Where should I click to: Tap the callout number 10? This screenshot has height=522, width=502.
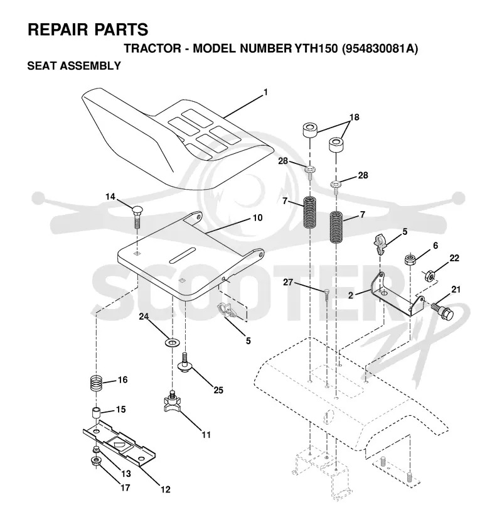tap(258, 218)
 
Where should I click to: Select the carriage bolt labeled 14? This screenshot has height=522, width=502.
tap(136, 216)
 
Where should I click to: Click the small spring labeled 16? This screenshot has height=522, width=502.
tap(97, 384)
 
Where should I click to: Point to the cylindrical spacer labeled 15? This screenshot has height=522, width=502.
tap(97, 414)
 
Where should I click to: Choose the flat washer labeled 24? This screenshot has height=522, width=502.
tap(172, 342)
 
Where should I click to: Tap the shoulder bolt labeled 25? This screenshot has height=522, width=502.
tap(185, 363)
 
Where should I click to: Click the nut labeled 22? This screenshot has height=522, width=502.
tap(429, 275)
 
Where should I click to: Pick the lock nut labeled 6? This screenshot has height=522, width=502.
tap(410, 259)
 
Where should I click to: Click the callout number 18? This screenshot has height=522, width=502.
tap(355, 117)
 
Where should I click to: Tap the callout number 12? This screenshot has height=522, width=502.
tap(165, 489)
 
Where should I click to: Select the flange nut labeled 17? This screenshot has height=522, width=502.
tap(97, 462)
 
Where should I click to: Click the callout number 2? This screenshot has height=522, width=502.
tap(350, 295)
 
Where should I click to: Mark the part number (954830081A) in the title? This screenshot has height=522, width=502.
tap(380, 48)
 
